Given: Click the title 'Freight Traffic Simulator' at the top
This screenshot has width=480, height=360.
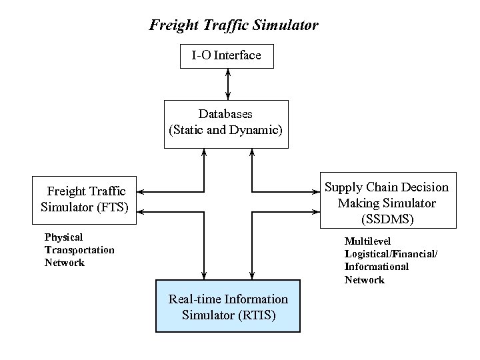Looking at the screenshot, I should [234, 26].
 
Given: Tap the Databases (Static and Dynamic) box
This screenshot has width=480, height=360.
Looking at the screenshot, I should [227, 123].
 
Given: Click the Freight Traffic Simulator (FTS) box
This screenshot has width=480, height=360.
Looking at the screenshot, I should [85, 199].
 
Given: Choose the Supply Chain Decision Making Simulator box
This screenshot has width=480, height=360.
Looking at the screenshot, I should [387, 203].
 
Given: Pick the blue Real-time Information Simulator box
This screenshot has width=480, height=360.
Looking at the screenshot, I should [228, 307].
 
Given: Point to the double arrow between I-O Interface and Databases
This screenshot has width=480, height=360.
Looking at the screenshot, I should [229, 84].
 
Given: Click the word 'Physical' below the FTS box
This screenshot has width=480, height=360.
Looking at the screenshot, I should [63, 237].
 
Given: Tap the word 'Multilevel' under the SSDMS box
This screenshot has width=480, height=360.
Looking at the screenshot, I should [365, 241].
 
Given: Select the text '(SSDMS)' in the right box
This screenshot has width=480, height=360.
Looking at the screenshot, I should [387, 217].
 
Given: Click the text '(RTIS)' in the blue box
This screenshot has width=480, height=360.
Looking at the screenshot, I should [259, 314].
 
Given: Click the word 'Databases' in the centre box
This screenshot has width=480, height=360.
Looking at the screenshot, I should [225, 114].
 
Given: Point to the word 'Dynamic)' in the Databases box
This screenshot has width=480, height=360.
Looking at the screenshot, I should [259, 130].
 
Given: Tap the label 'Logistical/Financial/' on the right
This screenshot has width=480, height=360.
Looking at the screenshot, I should [391, 254].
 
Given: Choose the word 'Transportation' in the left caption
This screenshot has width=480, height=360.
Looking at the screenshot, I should [79, 250].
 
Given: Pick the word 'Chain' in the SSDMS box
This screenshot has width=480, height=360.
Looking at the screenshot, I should [377, 187].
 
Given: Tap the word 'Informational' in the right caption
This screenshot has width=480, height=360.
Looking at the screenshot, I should [376, 267].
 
